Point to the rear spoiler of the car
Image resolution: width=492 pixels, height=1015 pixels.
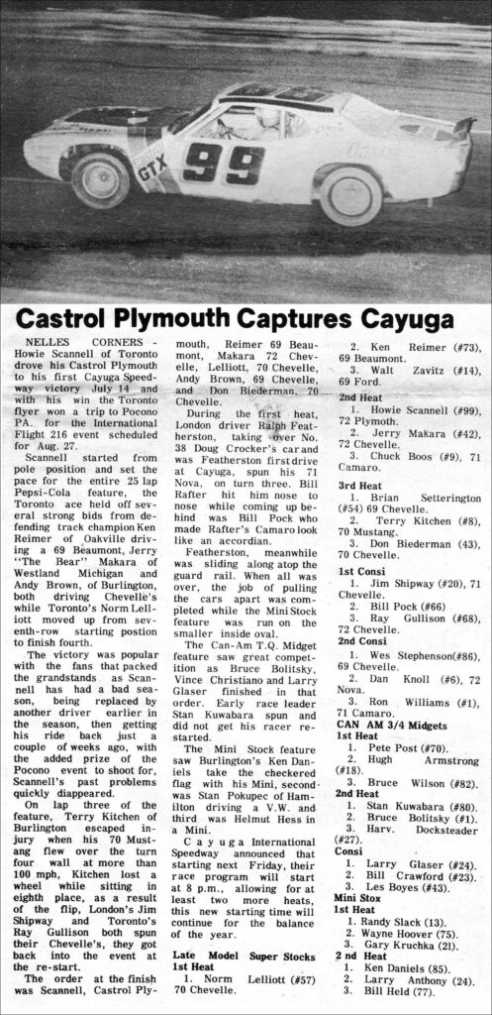coord(461,128)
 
